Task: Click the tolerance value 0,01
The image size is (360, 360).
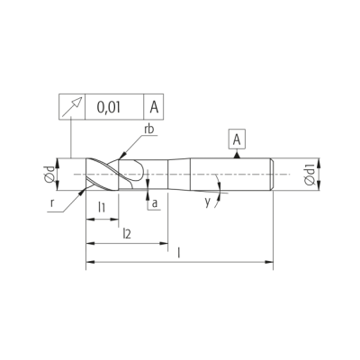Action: tap(109, 107)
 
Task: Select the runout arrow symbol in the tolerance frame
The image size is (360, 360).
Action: tap(72, 107)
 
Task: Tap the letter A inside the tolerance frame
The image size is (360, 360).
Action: tap(154, 107)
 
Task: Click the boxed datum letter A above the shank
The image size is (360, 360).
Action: tap(237, 139)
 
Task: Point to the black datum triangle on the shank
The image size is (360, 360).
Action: tap(237, 155)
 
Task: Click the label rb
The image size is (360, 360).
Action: tap(148, 129)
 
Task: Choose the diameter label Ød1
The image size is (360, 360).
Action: tap(309, 175)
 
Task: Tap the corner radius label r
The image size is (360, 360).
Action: tap(52, 203)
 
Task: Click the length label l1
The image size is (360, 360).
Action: tap(102, 207)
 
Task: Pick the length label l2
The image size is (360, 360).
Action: tap(127, 234)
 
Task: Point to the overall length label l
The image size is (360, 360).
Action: tap(179, 253)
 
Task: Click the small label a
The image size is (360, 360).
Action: tap(155, 203)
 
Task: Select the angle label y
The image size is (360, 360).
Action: tap(208, 203)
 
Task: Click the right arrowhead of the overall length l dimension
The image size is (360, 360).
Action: tap(269, 262)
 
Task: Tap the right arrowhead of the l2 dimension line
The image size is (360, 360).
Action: tap(164, 243)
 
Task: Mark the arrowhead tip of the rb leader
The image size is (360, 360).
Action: tap(120, 158)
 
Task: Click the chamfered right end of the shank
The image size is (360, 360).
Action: tap(272, 174)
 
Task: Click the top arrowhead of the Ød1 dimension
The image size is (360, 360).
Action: tap(319, 162)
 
